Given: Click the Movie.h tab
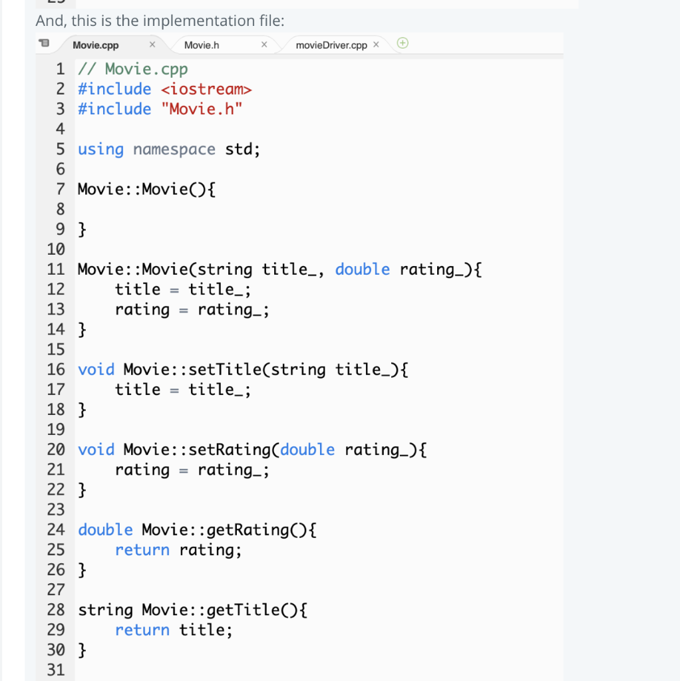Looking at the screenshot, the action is [x=202, y=45].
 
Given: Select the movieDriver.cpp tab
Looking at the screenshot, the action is [x=331, y=45].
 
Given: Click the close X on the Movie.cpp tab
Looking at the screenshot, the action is [x=152, y=45].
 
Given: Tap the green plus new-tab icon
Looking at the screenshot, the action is [x=403, y=44].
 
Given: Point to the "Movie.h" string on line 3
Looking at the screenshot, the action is [x=202, y=109].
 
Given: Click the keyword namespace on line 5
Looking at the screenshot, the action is [x=174, y=149].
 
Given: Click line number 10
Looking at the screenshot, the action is [x=56, y=249].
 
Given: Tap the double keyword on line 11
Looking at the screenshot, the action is [x=362, y=269].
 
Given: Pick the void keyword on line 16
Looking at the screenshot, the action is [x=96, y=370].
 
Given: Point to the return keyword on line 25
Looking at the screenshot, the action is [x=142, y=550].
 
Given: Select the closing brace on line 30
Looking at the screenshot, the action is [x=82, y=650].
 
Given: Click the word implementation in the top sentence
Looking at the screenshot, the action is [x=196, y=21].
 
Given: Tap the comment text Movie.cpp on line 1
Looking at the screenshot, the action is [x=146, y=69].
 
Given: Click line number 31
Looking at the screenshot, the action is [x=56, y=670].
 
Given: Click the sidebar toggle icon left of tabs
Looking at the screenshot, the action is [x=44, y=45].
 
